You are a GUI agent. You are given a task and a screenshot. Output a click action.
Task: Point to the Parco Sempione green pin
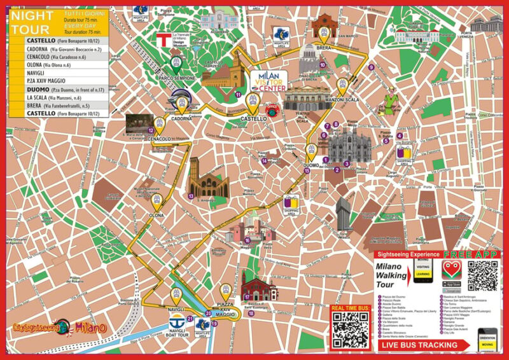176,63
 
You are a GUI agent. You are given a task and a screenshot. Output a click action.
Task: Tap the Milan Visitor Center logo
268,81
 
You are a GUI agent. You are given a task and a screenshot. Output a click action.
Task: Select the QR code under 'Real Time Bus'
351,329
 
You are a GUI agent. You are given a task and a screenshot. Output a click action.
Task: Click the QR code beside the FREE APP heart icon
483,275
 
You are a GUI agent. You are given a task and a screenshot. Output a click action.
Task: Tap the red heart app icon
451,266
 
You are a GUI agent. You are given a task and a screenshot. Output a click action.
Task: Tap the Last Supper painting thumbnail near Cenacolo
138,123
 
